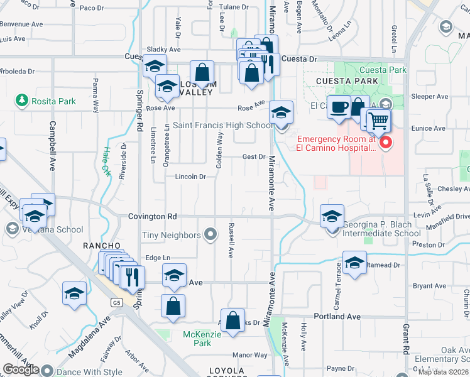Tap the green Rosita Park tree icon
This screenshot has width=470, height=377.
(22, 101)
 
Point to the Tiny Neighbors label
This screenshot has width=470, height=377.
(170, 236)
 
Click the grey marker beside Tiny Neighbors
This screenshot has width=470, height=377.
(211, 236)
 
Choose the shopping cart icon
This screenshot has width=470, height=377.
(378, 120)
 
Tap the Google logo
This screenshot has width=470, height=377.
(21, 369)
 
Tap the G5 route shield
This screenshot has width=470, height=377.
(116, 303)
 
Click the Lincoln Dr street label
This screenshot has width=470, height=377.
(190, 177)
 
